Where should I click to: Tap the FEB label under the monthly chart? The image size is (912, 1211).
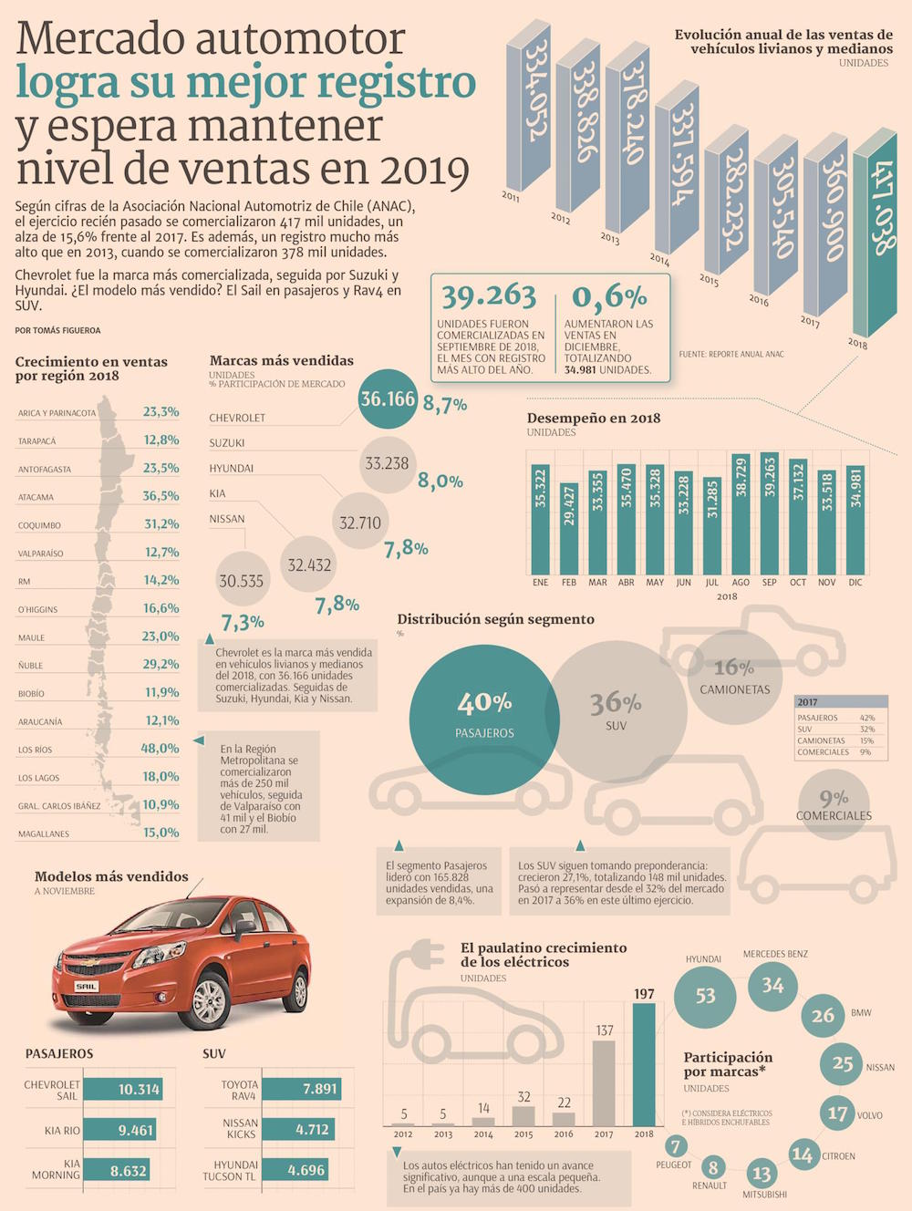(568, 582)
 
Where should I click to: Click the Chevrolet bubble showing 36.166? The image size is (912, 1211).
(387, 398)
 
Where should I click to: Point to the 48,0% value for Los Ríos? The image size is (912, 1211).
(161, 748)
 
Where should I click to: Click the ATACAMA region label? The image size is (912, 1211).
(36, 497)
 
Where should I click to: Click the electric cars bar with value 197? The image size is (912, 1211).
(644, 1063)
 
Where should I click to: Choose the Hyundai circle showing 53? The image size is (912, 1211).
(705, 996)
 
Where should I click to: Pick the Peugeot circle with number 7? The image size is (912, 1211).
(675, 1146)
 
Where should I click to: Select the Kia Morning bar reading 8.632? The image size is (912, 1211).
(129, 1170)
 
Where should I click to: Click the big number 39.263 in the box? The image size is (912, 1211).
(489, 295)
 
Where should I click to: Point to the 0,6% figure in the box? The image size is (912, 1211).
(609, 295)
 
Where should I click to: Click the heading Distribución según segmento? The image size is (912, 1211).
(495, 619)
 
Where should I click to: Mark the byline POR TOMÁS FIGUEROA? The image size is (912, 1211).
(57, 330)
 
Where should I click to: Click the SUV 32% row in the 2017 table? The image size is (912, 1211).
(835, 730)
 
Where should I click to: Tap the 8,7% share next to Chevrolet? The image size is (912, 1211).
(445, 404)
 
